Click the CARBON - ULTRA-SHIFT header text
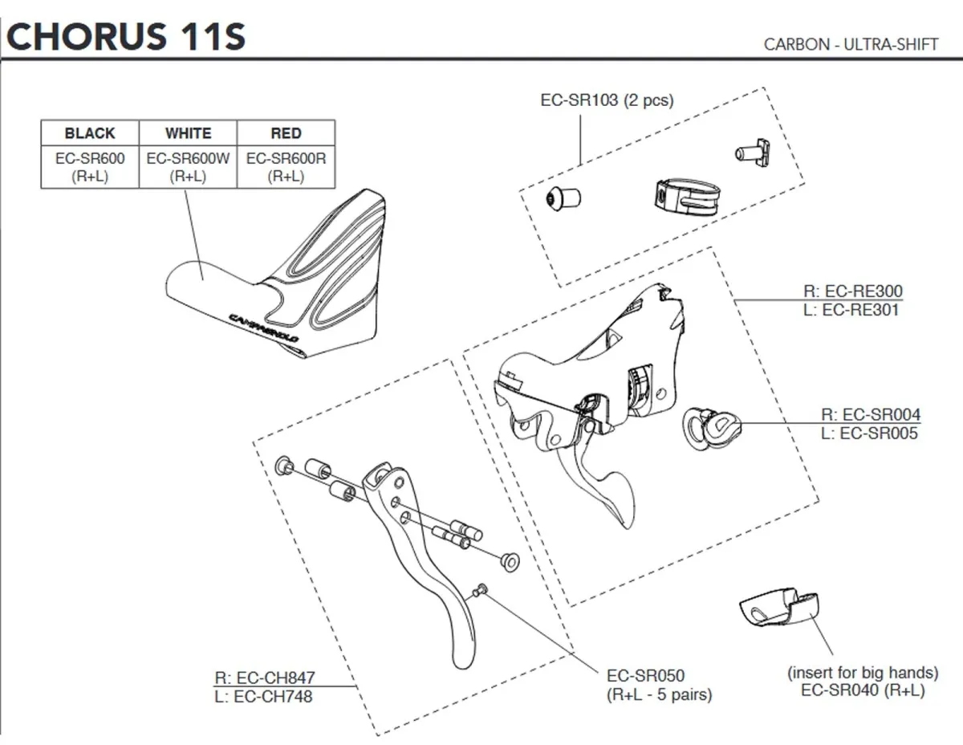click(x=851, y=44)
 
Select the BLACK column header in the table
click(x=90, y=133)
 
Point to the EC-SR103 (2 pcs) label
click(x=607, y=100)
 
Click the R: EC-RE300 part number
click(x=851, y=291)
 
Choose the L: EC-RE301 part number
click(x=851, y=309)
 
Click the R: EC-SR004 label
click(x=871, y=415)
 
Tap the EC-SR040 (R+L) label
click(x=863, y=690)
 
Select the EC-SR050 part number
click(x=646, y=676)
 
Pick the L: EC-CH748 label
click(x=263, y=696)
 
